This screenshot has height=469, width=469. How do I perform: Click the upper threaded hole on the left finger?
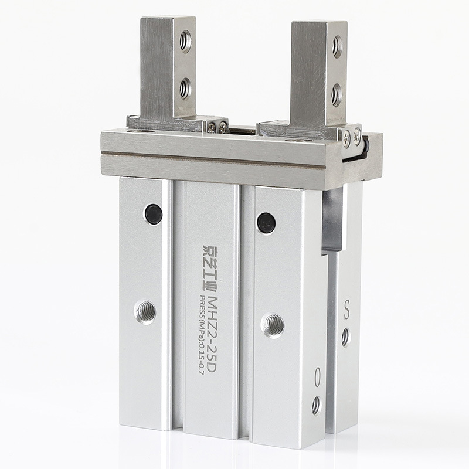(x=185, y=41)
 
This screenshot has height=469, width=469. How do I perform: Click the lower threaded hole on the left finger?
(x=186, y=89)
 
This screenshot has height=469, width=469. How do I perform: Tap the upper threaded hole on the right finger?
(x=338, y=47)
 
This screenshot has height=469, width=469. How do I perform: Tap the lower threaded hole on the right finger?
(x=337, y=95)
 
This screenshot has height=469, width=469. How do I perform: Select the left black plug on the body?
(x=154, y=214)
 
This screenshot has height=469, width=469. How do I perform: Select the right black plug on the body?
(x=266, y=223)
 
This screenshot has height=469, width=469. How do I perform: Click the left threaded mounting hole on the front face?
(x=145, y=312)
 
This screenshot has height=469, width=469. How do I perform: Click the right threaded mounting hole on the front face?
(x=273, y=326)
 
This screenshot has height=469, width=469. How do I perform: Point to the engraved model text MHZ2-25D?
(x=212, y=334)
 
